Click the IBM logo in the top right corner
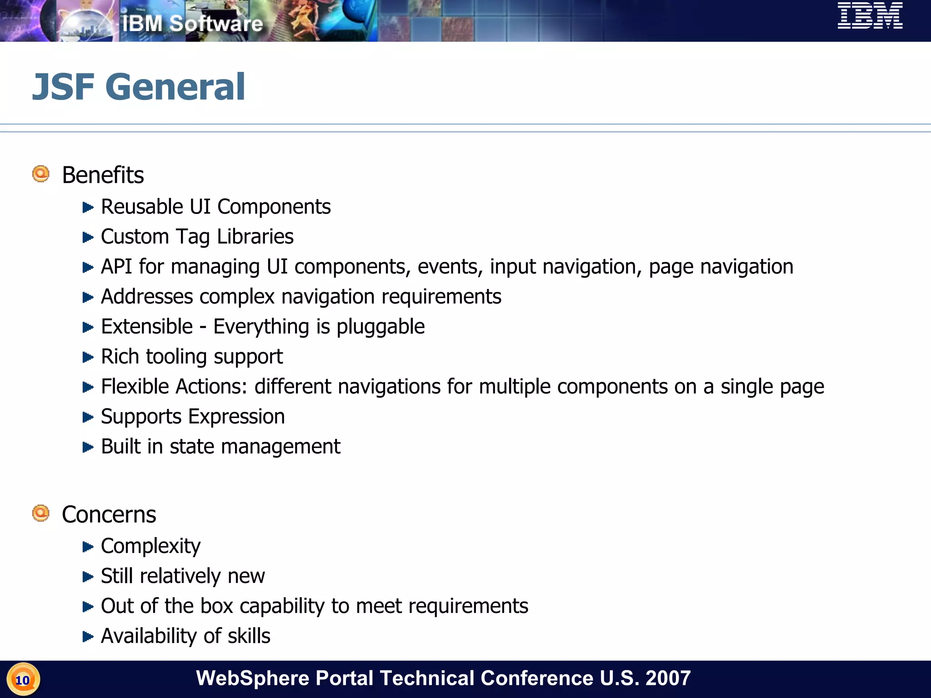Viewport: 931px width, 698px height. click(870, 16)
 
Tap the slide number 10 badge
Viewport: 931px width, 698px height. click(23, 680)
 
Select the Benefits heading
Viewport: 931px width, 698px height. click(103, 175)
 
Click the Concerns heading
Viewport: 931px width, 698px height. click(109, 515)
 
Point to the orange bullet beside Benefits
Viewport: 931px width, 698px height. click(41, 174)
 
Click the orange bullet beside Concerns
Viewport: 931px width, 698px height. click(41, 513)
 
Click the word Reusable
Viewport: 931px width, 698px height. click(142, 207)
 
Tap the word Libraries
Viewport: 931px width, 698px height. click(255, 237)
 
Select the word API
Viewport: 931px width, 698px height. click(116, 267)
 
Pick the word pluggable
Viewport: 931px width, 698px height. click(380, 327)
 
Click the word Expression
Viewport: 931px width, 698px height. click(236, 417)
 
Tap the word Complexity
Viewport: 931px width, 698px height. click(150, 546)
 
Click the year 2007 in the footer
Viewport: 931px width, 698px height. click(668, 678)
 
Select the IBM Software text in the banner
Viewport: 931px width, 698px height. click(192, 24)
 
